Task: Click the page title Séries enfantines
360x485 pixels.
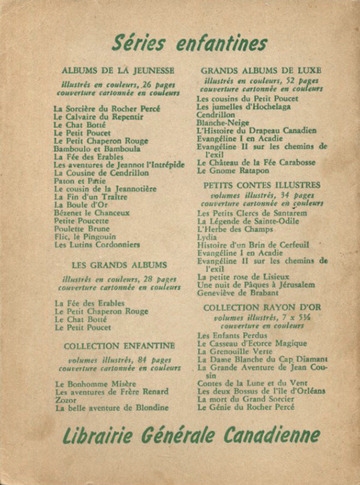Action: pyautogui.click(x=190, y=43)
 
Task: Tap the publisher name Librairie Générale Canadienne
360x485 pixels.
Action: pyautogui.click(x=191, y=434)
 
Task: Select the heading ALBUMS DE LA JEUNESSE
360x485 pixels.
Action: pyautogui.click(x=118, y=70)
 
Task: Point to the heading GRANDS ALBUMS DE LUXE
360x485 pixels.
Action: pyautogui.click(x=261, y=70)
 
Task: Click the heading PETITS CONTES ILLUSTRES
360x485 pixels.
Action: pyautogui.click(x=262, y=185)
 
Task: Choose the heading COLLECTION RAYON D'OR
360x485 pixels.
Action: pyautogui.click(x=262, y=308)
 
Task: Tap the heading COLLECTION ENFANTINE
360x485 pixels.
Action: pyautogui.click(x=119, y=346)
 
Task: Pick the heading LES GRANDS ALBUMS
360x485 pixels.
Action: pyautogui.click(x=119, y=264)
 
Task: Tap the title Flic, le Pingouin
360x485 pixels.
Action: pyautogui.click(x=85, y=237)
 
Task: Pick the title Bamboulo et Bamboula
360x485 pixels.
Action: pyautogui.click(x=97, y=149)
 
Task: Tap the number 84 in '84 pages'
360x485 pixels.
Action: pyautogui.click(x=144, y=360)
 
